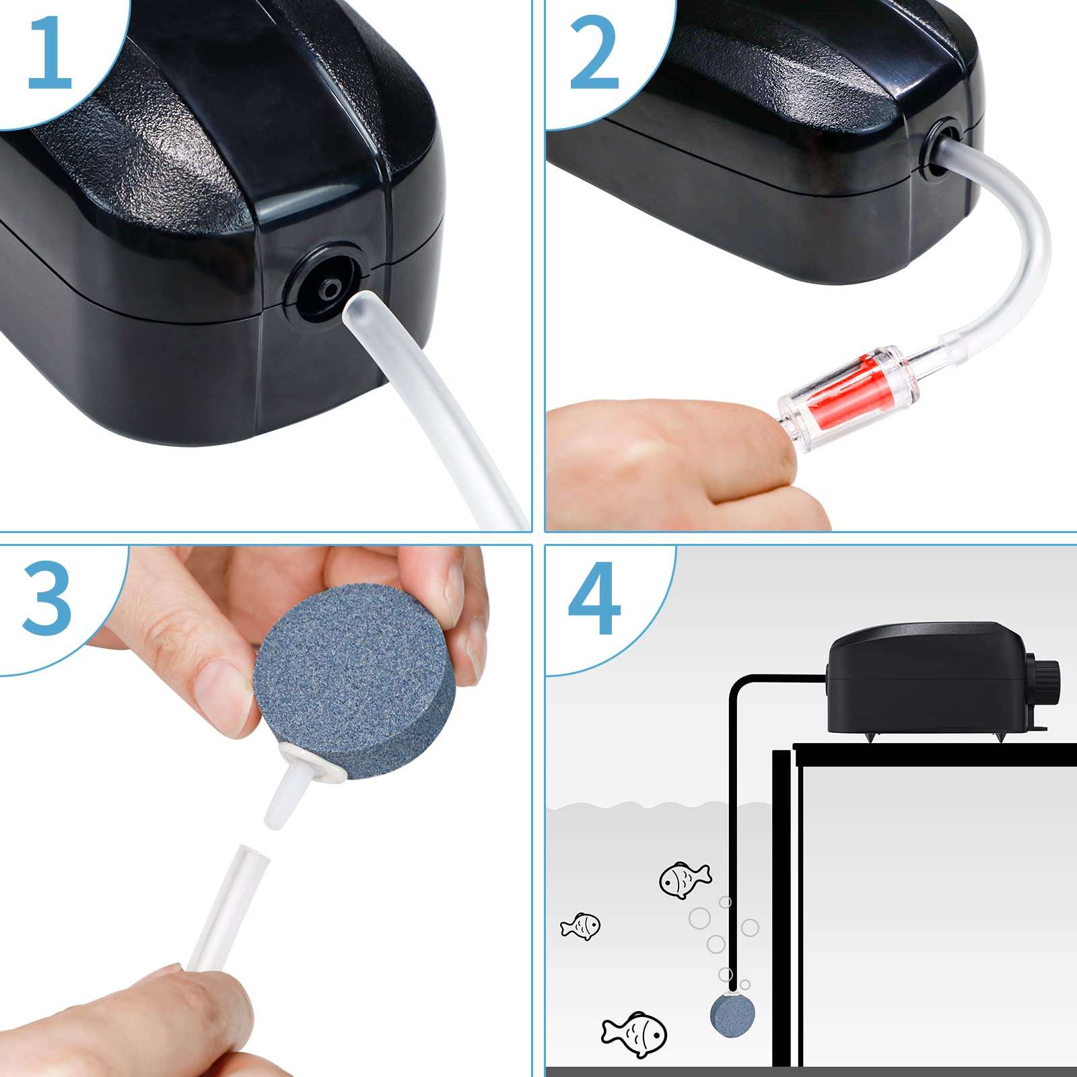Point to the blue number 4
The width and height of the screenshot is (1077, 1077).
click(x=594, y=599)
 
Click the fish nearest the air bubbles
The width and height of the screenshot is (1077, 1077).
click(x=683, y=879)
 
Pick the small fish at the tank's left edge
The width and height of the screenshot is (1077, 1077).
click(x=581, y=926)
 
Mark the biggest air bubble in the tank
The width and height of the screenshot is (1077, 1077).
click(x=699, y=918)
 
